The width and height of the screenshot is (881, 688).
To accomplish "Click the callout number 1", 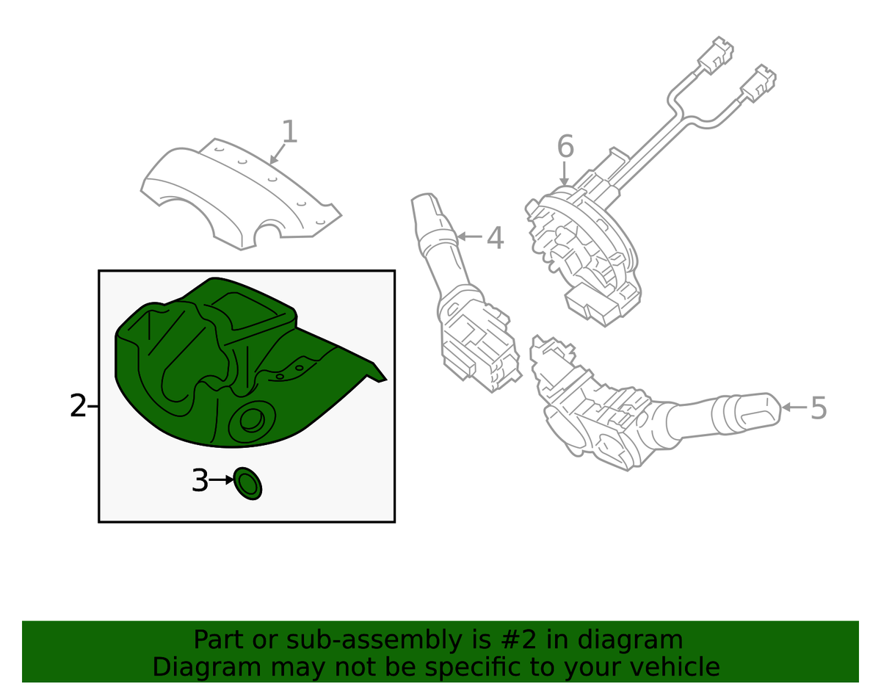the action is coord(289,131).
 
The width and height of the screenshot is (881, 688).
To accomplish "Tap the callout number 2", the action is coord(78,405).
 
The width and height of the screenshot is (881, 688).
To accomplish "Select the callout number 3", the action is coord(200,480).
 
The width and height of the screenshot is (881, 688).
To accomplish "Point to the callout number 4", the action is coord(495,238).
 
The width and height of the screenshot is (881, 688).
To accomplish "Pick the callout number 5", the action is coord(818,408).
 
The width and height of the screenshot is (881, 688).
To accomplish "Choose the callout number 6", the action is coord(565,146).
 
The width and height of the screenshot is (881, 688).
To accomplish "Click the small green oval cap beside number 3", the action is coord(247,483).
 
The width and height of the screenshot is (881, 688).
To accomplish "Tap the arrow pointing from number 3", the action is coord(222,480).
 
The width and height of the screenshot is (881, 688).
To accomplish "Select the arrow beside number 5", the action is coord(794,407).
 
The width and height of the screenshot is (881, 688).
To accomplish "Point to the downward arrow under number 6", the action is coord(564,174).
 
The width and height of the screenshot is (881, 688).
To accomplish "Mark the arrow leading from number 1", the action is coord(278,154).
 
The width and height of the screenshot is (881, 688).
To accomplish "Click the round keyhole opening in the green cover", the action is coord(252,421).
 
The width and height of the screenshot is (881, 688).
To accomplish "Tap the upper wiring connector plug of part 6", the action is coord(716,56).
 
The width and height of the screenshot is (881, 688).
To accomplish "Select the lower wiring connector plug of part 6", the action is coord(758,83).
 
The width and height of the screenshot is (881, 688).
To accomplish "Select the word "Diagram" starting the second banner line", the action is coord(206,667).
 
